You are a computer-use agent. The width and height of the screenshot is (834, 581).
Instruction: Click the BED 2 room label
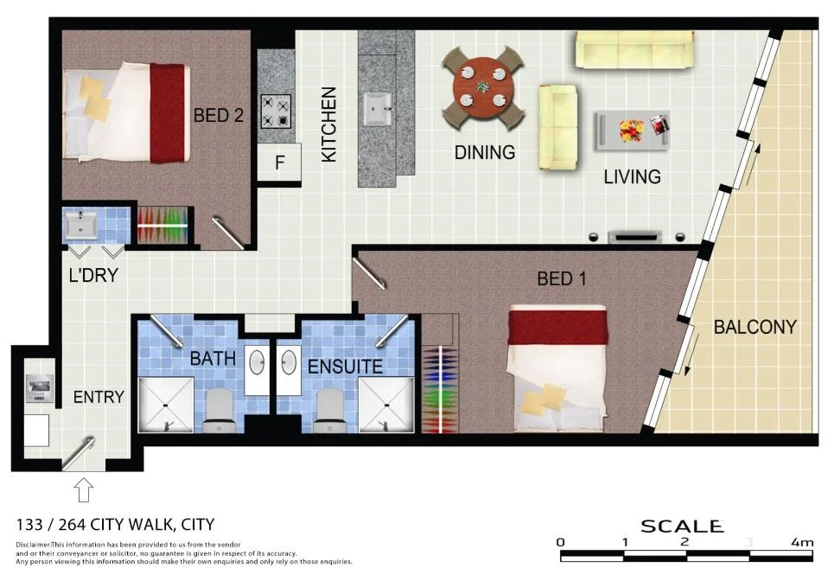point(219,115)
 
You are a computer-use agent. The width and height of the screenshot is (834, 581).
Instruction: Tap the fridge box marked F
point(279,163)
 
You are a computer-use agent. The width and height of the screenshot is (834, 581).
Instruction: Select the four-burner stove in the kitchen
point(277,111)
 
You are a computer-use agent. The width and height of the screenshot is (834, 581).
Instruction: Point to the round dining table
point(483,87)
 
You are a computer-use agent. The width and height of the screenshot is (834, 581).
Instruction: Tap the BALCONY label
point(754,328)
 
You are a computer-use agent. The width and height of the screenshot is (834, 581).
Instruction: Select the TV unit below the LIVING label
point(635,236)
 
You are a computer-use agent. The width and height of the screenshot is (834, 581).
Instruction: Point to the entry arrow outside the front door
point(84,490)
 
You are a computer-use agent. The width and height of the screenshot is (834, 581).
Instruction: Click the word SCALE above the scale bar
point(681,526)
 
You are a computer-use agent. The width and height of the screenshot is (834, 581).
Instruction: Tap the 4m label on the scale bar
point(801,543)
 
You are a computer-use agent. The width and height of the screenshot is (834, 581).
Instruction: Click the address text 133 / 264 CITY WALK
point(116,524)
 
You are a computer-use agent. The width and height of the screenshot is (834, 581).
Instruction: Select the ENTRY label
point(99,397)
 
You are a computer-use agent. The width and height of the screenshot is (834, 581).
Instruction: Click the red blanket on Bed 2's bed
point(167,113)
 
